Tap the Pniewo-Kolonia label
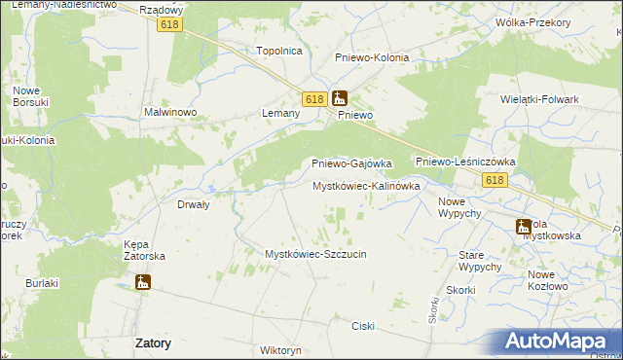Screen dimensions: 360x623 pos(372,57)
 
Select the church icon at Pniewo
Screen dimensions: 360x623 pos(339,97)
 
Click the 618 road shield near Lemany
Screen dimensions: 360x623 pos(313,99)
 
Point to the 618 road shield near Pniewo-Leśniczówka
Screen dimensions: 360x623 pos(495,180)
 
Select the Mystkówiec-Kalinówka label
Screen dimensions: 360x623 pos(366,185)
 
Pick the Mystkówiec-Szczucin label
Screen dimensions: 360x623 pos(315,254)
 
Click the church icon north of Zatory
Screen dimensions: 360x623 pos(143,282)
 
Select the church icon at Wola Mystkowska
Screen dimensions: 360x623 pos(524,227)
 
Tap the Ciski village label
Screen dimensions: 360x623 pos(364,326)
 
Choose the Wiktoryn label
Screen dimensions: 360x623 pos(281,349)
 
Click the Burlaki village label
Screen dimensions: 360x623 pos(43,283)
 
